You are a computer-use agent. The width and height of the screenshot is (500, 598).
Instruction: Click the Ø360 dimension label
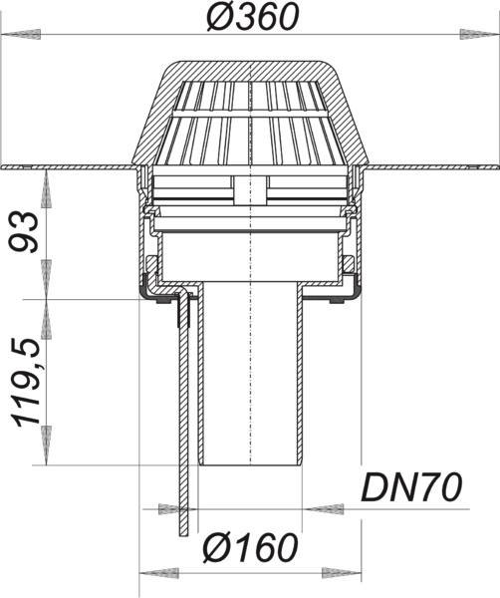(253, 18)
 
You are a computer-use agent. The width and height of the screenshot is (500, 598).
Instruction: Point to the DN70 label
(411, 487)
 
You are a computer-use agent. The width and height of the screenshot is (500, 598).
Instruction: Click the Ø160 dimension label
(250, 547)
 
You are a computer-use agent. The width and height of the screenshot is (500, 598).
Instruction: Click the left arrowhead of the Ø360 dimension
(22, 34)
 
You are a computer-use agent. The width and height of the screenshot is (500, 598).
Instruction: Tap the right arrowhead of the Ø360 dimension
(479, 34)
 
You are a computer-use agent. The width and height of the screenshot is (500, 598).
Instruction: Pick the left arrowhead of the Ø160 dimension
(159, 573)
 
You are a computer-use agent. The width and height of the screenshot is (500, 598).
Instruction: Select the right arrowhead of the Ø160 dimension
(341, 573)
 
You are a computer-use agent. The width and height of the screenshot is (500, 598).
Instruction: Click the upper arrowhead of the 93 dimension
(46, 188)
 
